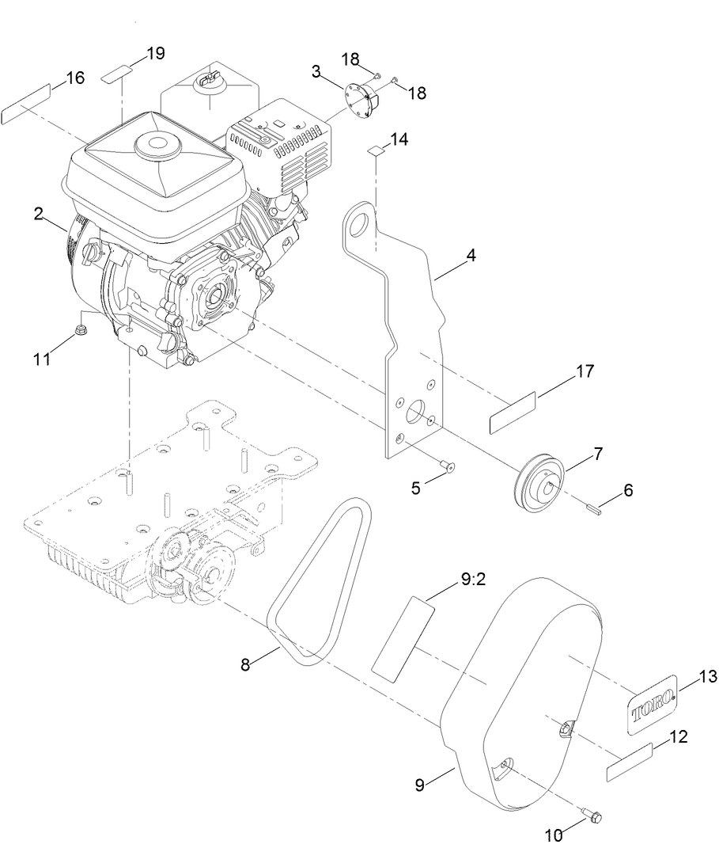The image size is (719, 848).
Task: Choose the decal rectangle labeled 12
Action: (x=629, y=761)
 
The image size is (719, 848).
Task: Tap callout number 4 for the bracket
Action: (x=471, y=256)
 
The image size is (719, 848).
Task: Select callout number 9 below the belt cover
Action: (x=421, y=785)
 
